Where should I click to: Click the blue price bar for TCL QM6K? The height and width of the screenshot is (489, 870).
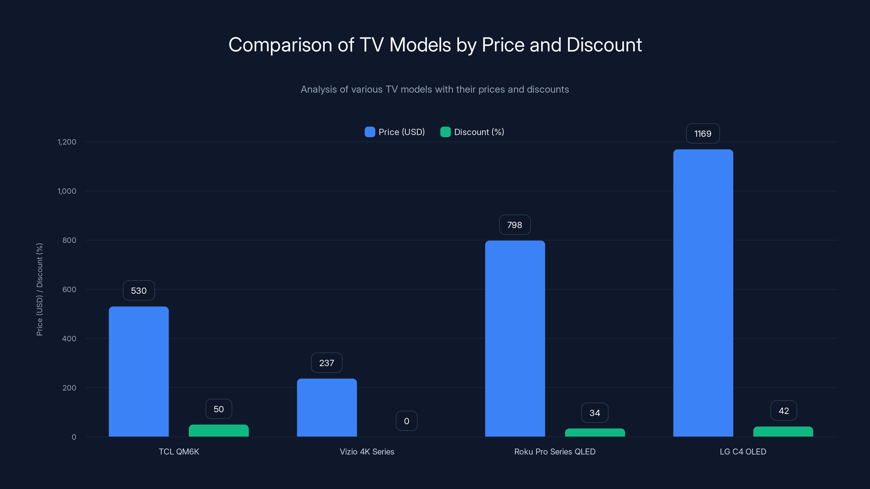pyautogui.click(x=138, y=371)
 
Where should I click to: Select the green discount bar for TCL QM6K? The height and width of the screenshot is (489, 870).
pyautogui.click(x=219, y=431)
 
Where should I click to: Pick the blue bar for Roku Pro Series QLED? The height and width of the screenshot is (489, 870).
pyautogui.click(x=515, y=338)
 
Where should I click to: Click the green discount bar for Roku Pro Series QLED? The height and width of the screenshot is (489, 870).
pyautogui.click(x=595, y=433)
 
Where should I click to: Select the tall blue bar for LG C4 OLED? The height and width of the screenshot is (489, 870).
pyautogui.click(x=703, y=293)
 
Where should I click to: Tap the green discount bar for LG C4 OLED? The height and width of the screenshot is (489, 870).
pyautogui.click(x=783, y=432)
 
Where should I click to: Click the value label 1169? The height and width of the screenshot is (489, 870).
pyautogui.click(x=703, y=134)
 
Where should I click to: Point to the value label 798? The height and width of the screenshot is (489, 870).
pyautogui.click(x=515, y=225)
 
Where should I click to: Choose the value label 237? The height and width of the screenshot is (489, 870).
pyautogui.click(x=327, y=363)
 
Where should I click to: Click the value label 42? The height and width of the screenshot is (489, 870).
pyautogui.click(x=784, y=411)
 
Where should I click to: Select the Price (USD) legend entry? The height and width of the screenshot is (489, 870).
pyautogui.click(x=395, y=132)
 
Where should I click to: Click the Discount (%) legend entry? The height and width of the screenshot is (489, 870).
pyautogui.click(x=472, y=132)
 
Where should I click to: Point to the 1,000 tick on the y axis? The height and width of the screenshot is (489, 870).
pyautogui.click(x=67, y=191)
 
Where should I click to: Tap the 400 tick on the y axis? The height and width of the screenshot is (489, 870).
pyautogui.click(x=69, y=338)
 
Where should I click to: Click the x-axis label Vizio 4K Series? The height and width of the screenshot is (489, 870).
pyautogui.click(x=367, y=452)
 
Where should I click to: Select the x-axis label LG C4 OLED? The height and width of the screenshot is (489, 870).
pyautogui.click(x=743, y=452)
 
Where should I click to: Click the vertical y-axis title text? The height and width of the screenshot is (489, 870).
pyautogui.click(x=39, y=289)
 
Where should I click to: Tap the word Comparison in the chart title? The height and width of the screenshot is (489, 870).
pyautogui.click(x=280, y=45)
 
